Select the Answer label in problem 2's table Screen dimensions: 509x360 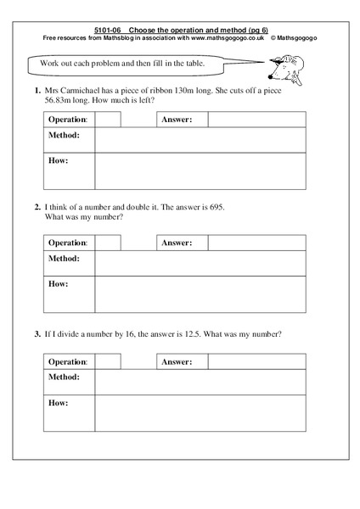pyautogui.click(x=177, y=243)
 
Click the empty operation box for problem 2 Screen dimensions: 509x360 pyautogui.click(x=108, y=243)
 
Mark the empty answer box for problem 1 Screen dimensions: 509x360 pyautogui.click(x=257, y=120)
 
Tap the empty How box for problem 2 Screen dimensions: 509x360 pyautogui.click(x=200, y=294)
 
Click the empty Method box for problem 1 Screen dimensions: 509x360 pyautogui.click(x=200, y=138)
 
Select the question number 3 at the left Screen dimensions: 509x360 pyautogui.click(x=37, y=333)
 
